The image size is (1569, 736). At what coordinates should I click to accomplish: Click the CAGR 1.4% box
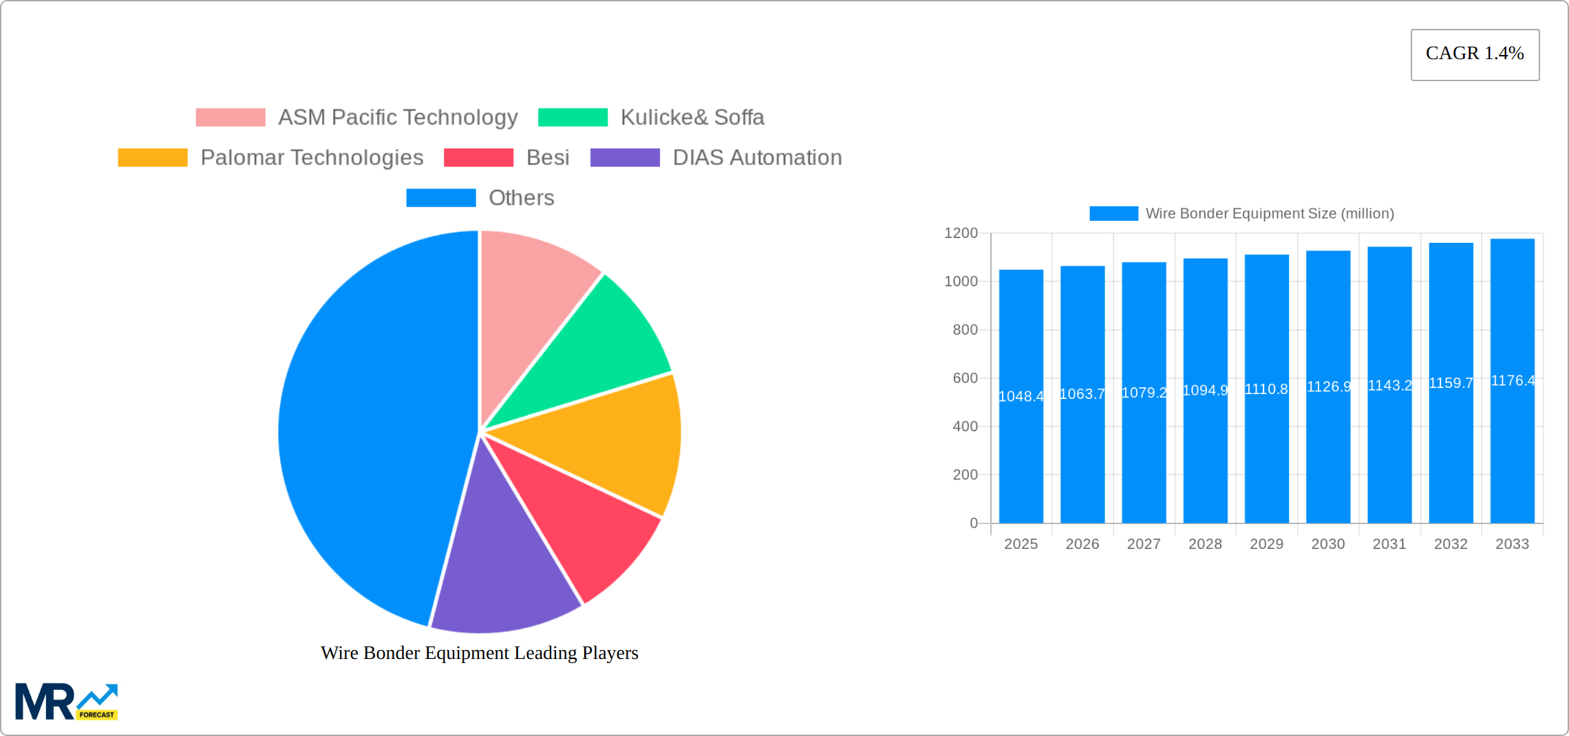[1475, 54]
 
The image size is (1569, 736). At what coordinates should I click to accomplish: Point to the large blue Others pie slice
[365, 426]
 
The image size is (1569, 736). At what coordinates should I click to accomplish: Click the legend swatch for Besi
[478, 158]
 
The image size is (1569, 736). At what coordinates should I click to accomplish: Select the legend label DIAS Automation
[757, 158]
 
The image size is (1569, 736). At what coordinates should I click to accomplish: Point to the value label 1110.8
[1266, 389]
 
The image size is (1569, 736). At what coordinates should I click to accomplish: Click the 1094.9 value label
[1205, 391]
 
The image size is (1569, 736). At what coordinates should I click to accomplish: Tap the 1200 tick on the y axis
[961, 233]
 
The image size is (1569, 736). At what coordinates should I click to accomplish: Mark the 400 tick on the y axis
[965, 426]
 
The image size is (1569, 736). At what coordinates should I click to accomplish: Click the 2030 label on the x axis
[1327, 544]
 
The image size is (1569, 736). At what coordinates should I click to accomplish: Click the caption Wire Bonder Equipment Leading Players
[480, 653]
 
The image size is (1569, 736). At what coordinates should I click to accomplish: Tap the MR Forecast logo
[67, 702]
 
